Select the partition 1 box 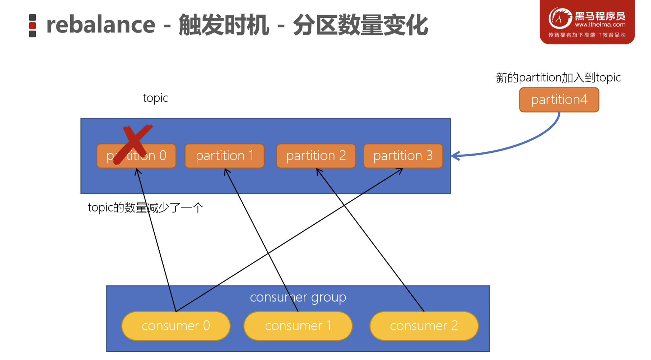coord(225,156)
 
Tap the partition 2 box coord(316,156)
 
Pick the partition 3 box coord(403,156)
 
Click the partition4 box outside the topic coord(559,100)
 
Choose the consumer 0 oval coord(176,326)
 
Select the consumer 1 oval coord(298,326)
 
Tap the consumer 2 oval coord(424,326)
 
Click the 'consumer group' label coord(298,297)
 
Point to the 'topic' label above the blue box coord(155,98)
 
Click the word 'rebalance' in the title coord(101,25)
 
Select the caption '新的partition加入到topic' coord(558,78)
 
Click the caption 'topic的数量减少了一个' coord(146,208)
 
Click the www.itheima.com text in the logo coord(600,25)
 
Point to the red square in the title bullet coord(33,26)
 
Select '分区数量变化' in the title coord(360,25)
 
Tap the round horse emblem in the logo coord(560,18)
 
